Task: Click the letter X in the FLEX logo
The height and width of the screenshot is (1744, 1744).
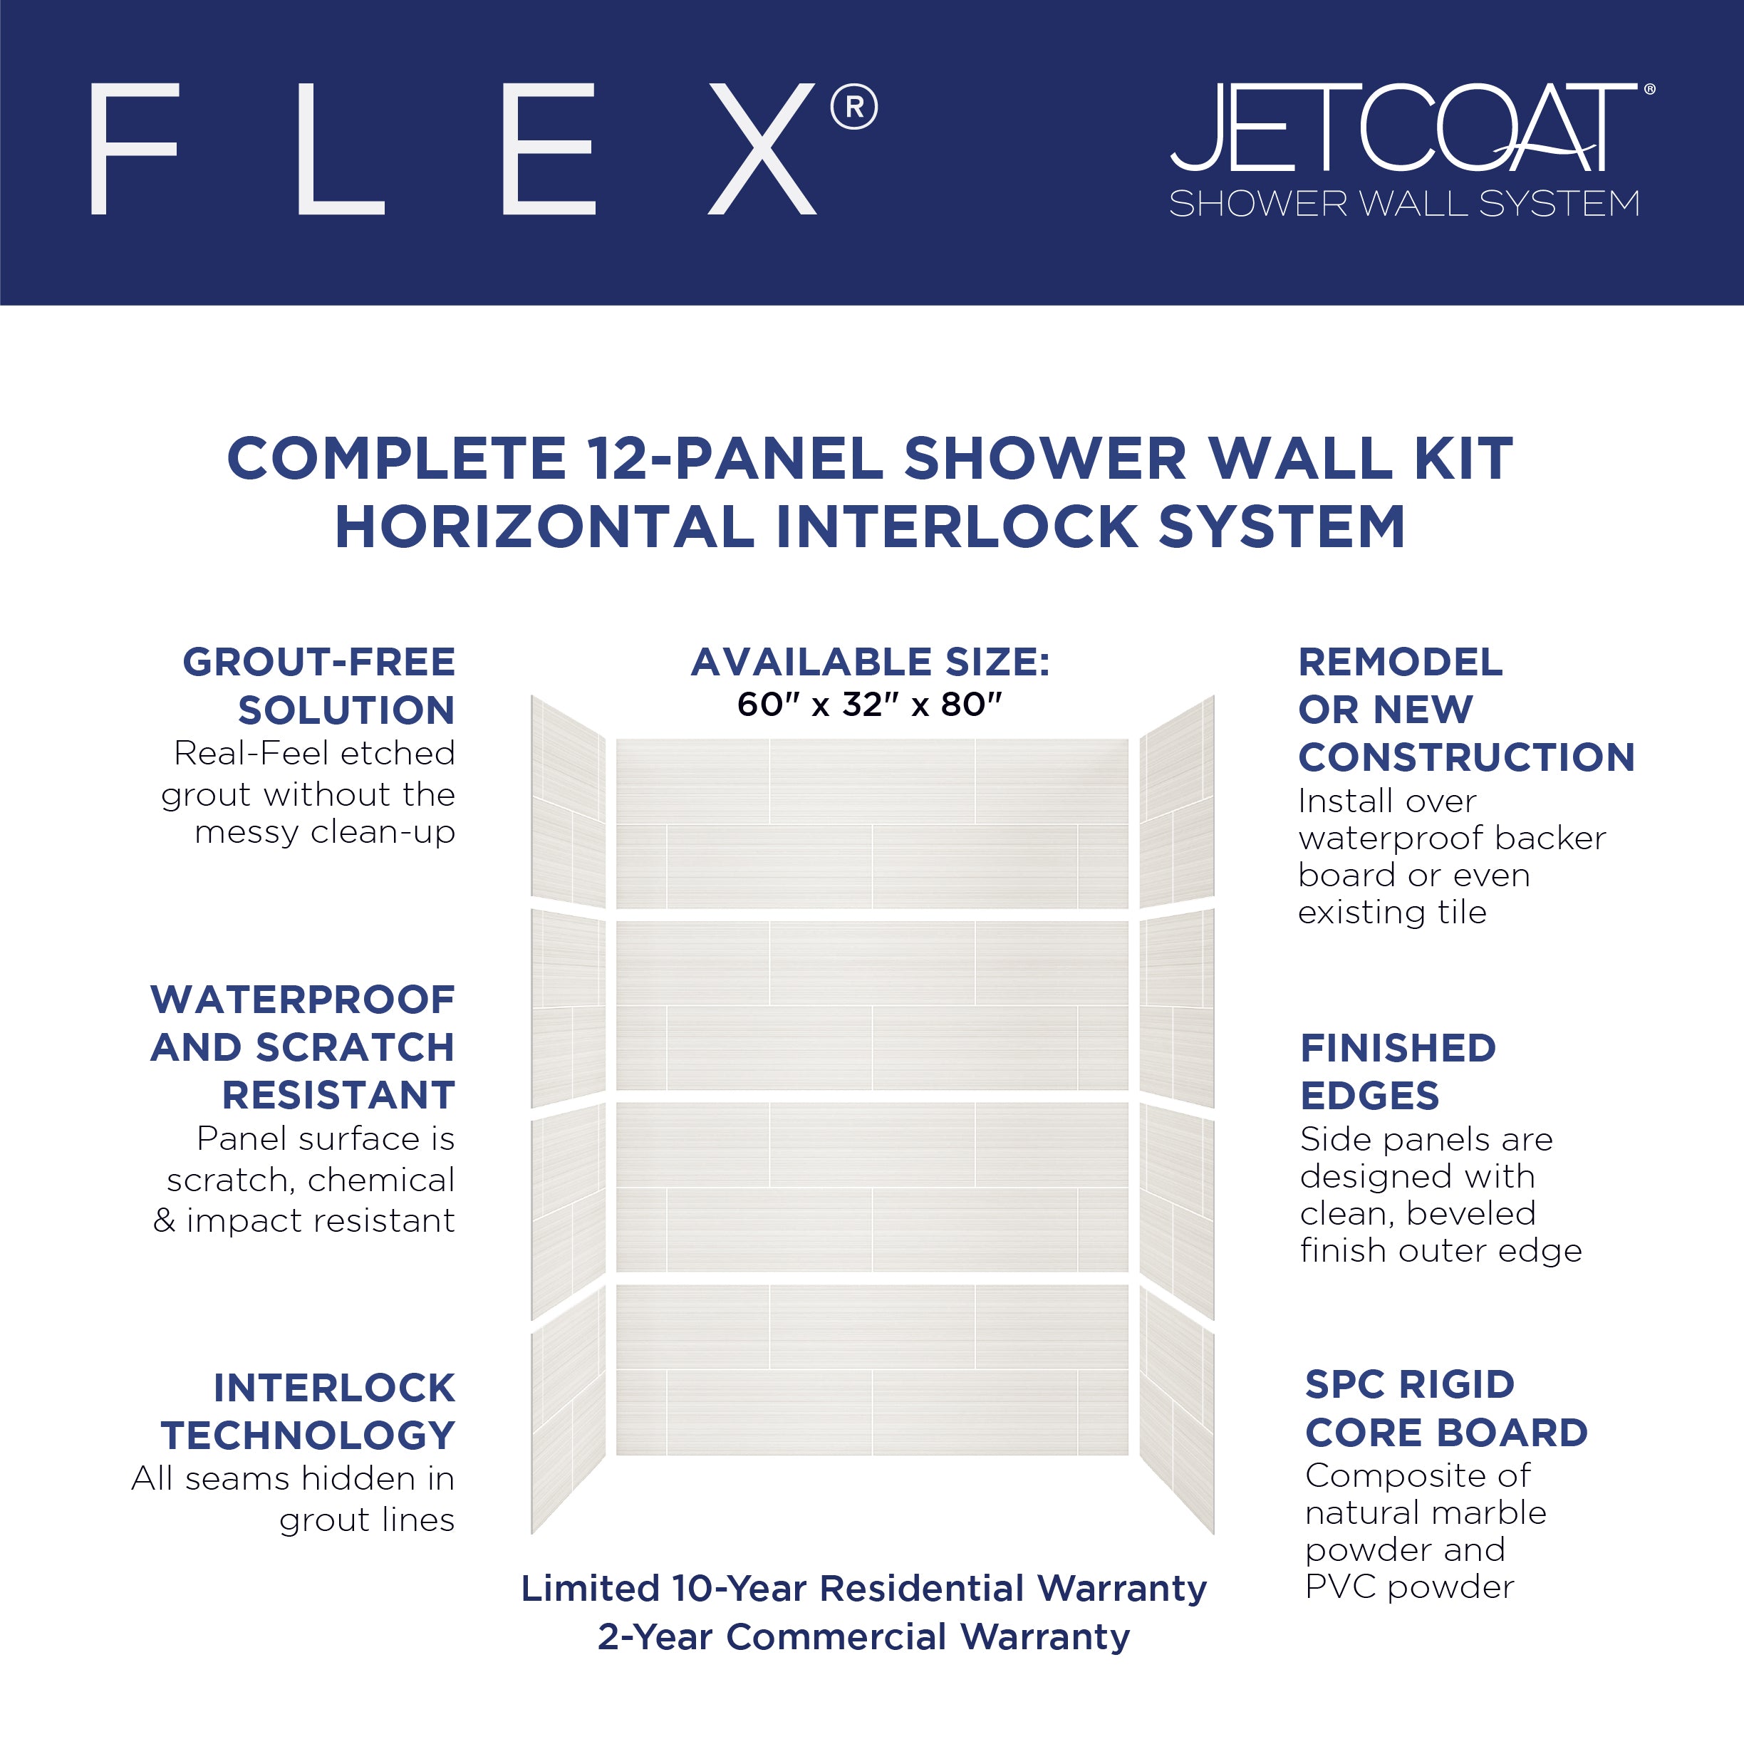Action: coord(763,149)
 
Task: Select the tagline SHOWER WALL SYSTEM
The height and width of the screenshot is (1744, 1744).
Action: coord(1403,204)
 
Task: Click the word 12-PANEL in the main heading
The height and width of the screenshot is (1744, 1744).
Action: coord(734,459)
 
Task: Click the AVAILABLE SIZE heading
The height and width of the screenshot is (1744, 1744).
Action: coord(870,663)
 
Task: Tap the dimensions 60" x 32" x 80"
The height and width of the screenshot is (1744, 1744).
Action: coord(869,704)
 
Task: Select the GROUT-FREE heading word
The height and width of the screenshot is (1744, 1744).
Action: coord(318,663)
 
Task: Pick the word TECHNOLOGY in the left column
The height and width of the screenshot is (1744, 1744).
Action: coord(308,1436)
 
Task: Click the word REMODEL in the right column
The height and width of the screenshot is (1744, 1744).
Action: coord(1400,663)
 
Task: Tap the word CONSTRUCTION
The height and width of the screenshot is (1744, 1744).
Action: coord(1467,757)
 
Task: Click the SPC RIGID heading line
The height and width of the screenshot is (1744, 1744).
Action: coord(1410,1385)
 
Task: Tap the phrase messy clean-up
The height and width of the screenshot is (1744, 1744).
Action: coord(325,832)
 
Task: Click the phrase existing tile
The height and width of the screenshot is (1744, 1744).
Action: coord(1392,913)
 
